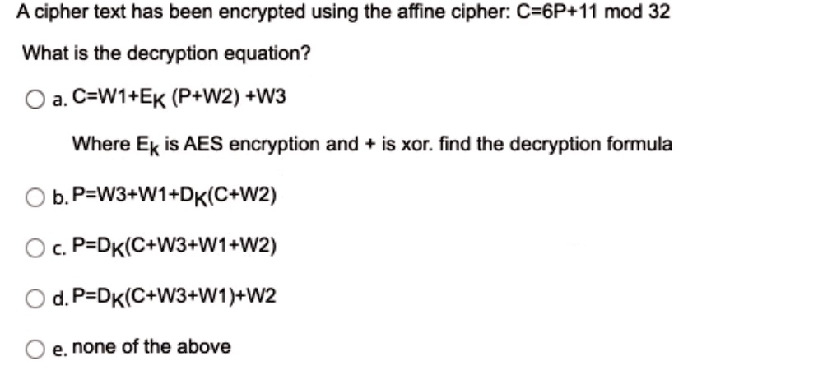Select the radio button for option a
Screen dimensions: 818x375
point(34,100)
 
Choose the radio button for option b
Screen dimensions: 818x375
point(34,198)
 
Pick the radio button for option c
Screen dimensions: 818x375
point(34,248)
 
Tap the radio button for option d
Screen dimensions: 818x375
point(34,299)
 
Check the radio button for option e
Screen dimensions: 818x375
point(34,349)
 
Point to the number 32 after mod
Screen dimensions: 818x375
point(659,11)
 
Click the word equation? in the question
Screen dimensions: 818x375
point(267,53)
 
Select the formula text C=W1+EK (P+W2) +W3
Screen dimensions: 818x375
point(179,98)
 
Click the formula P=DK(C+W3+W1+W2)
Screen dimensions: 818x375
point(174,246)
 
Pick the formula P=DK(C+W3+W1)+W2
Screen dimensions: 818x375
point(174,297)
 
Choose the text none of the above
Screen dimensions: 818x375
point(151,346)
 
